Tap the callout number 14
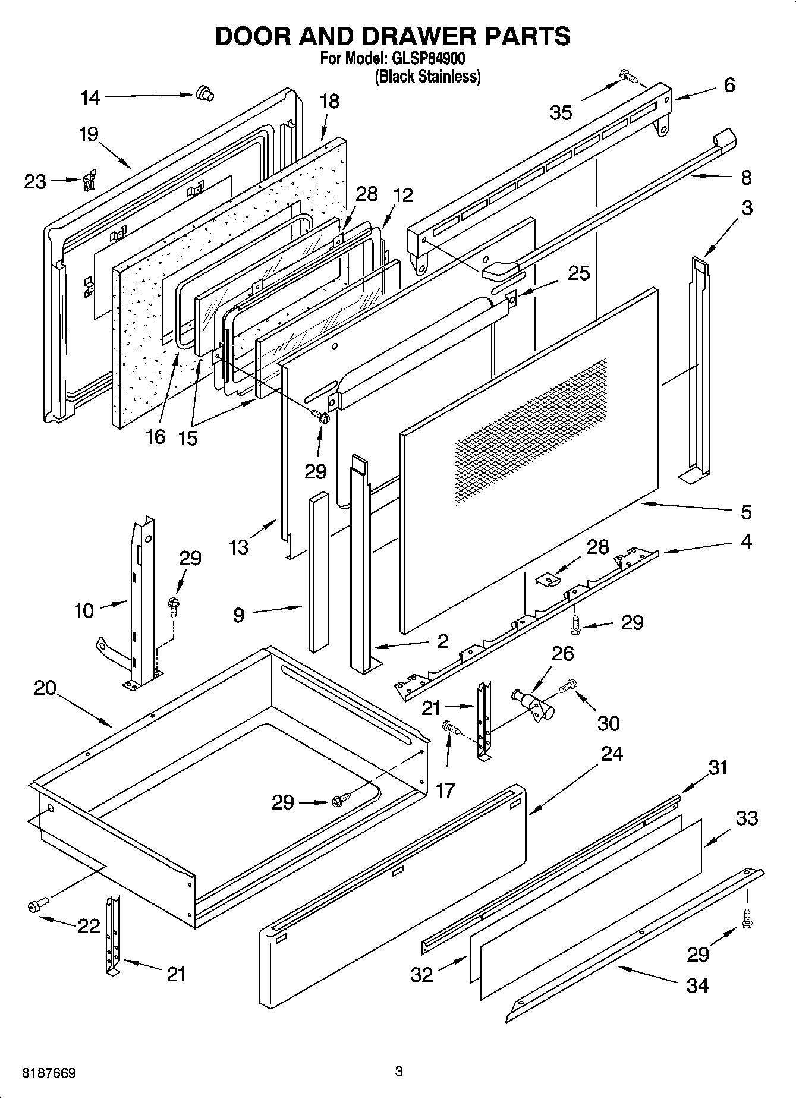[90, 97]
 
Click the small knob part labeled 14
[204, 93]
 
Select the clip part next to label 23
[90, 180]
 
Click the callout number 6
[729, 85]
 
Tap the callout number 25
[578, 273]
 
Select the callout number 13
[239, 547]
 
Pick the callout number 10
[84, 610]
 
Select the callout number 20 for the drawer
[45, 688]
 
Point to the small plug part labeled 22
[35, 906]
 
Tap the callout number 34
[697, 985]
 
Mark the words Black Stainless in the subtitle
[427, 77]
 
